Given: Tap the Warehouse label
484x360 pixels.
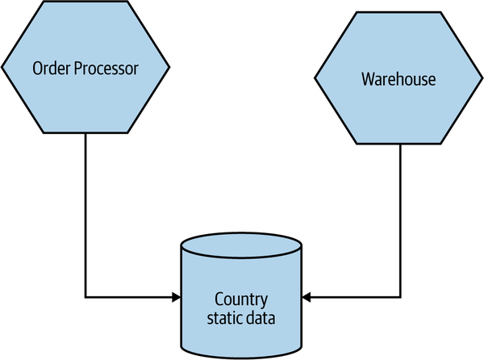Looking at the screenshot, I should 398,79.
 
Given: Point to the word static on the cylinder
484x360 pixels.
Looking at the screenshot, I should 227,318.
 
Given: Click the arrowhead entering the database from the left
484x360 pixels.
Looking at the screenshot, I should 176,298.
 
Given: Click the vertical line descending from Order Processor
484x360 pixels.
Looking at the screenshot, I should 85,210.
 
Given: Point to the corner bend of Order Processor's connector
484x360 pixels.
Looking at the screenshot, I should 85,298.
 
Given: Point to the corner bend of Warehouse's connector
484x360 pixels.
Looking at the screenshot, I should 401,298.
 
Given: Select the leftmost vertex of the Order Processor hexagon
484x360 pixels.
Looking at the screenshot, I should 2,68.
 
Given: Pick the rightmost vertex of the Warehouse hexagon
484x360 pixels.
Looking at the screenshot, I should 482,79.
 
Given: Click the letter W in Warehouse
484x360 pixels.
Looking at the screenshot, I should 368,79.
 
